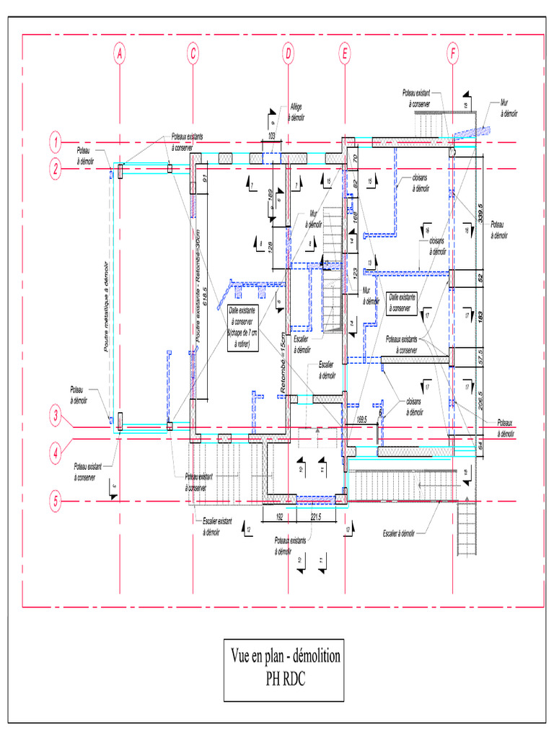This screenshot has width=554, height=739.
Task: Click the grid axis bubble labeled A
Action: [x=120, y=53]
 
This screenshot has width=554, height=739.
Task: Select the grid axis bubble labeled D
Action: [x=288, y=53]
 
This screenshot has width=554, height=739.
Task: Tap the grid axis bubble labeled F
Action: [x=452, y=53]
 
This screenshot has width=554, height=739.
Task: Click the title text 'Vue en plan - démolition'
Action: [x=285, y=656]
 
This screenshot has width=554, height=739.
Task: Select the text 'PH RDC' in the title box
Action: [x=285, y=678]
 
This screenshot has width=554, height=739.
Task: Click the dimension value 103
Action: [x=272, y=136]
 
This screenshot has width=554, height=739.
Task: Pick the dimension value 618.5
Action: [x=206, y=296]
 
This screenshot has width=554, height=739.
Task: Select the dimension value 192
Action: [x=277, y=517]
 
